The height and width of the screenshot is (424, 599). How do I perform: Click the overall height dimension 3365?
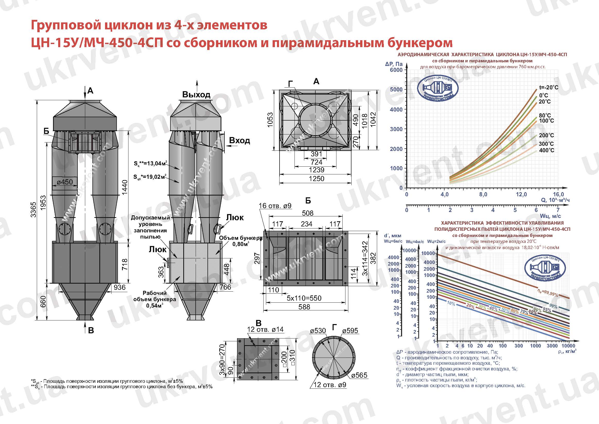(x=33, y=209)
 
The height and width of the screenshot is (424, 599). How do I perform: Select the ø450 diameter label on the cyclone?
(x=65, y=182)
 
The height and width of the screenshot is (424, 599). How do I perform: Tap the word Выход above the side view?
(x=196, y=95)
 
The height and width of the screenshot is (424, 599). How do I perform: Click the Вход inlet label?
(x=239, y=141)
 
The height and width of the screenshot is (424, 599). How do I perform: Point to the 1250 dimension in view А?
(x=316, y=179)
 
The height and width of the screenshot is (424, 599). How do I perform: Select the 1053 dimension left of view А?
(x=270, y=120)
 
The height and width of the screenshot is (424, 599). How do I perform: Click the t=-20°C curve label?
(x=549, y=88)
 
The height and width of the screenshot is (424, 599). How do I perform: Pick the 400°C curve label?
(x=546, y=150)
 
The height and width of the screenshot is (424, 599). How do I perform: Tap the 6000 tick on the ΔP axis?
(x=396, y=70)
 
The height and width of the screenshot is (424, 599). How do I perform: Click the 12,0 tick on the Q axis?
(x=521, y=194)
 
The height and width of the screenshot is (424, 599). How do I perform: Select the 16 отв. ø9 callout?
(x=275, y=206)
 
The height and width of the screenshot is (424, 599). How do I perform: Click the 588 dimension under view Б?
(x=304, y=307)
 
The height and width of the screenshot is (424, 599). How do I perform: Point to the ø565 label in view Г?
(x=359, y=375)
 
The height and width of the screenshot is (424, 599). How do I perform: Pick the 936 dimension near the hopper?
(x=119, y=287)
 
